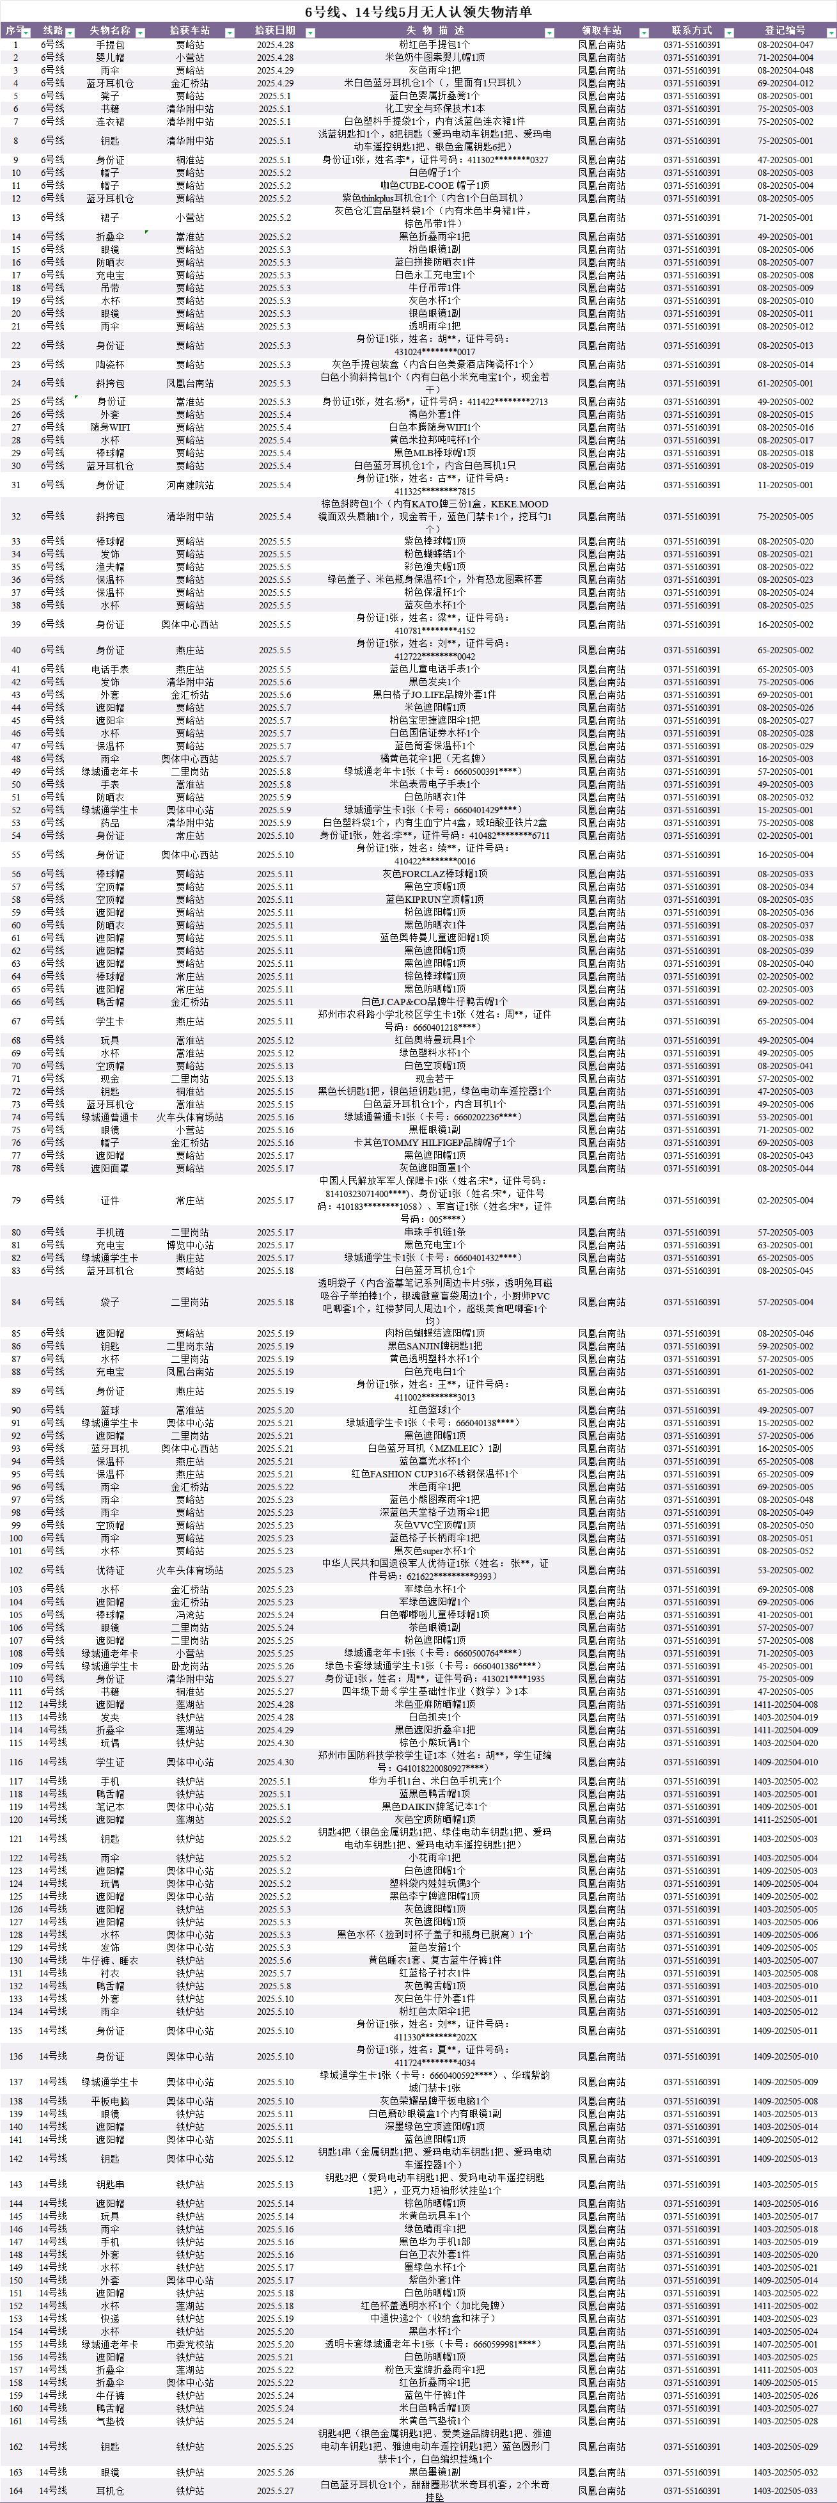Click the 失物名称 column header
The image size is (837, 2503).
click(x=110, y=32)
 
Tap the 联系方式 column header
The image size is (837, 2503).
click(x=691, y=32)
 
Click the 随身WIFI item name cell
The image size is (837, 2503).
click(x=110, y=427)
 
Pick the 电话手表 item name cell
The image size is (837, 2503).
click(x=110, y=669)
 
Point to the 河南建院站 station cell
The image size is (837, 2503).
click(x=189, y=485)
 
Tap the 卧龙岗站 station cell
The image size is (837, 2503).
click(x=189, y=1666)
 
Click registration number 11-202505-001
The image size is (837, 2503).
click(x=785, y=485)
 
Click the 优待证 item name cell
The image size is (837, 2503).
click(x=110, y=1570)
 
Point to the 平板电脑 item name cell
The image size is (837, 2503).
click(x=110, y=2101)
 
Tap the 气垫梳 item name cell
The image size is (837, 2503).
click(x=110, y=2421)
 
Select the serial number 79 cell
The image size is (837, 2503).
click(x=15, y=1201)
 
